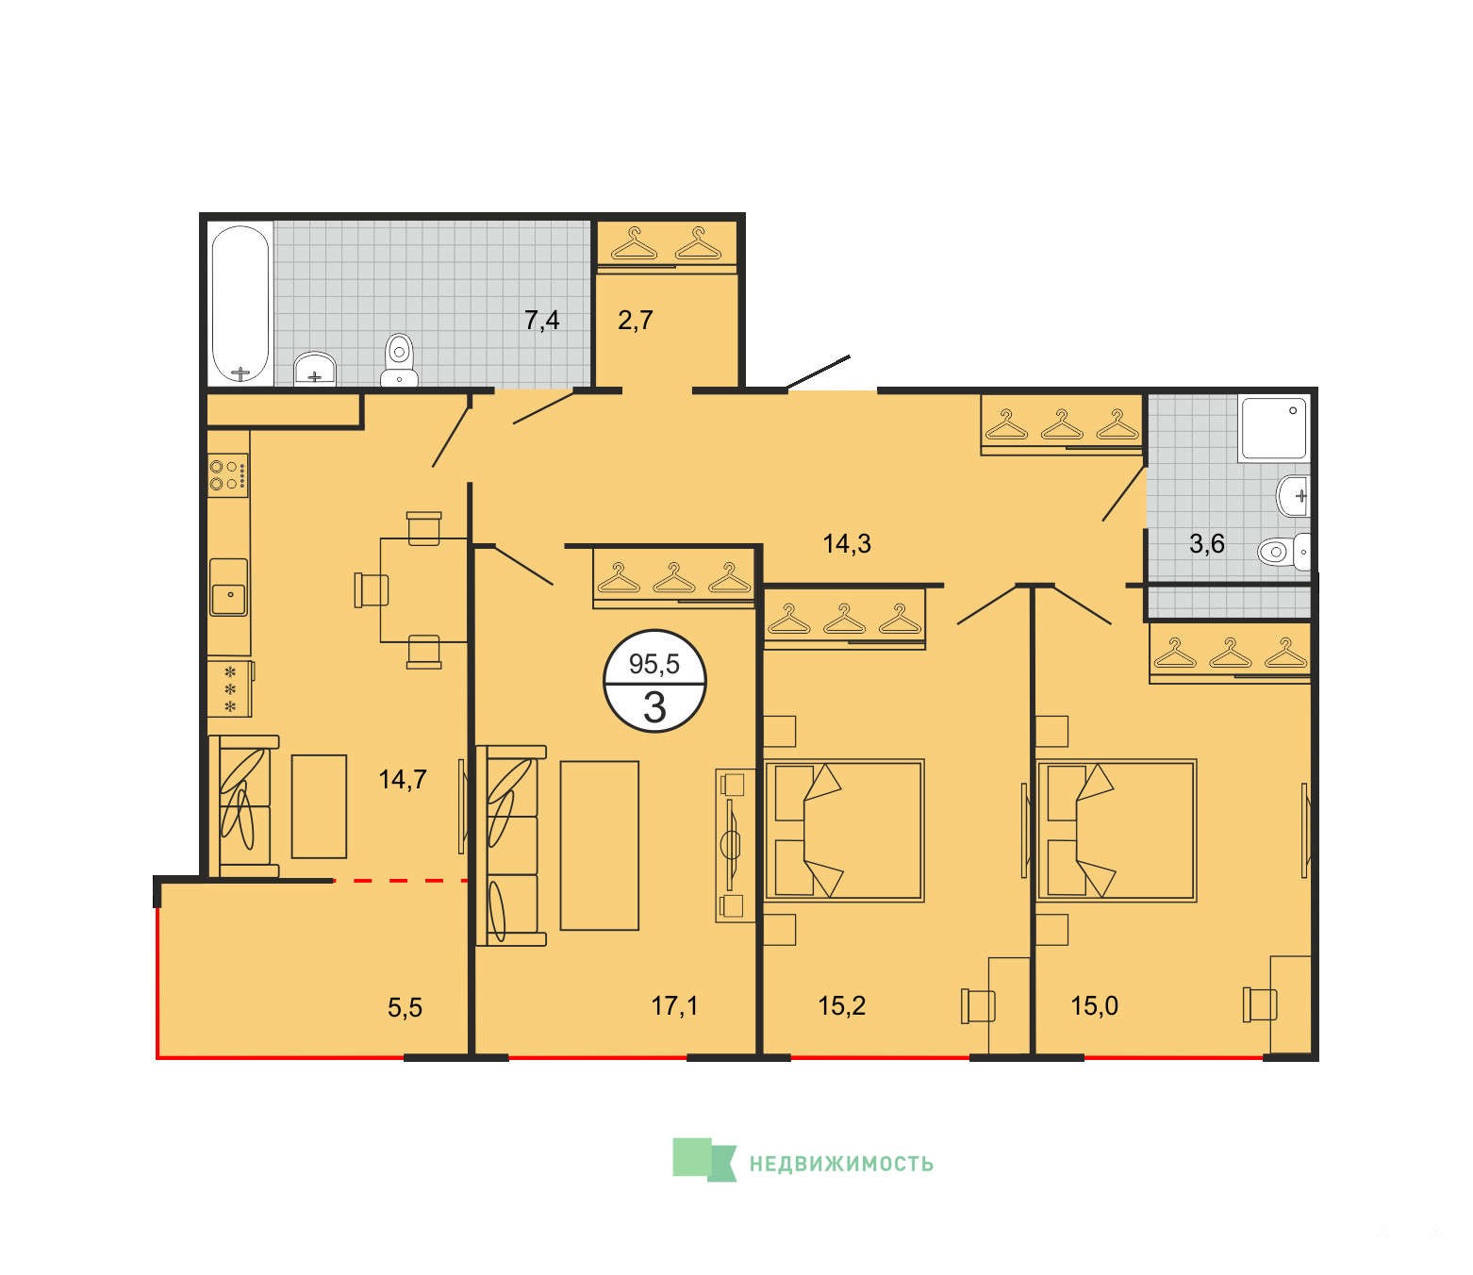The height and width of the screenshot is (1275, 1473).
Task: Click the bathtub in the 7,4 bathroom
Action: click(240, 305)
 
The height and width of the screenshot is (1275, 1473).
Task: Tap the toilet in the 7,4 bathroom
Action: click(399, 360)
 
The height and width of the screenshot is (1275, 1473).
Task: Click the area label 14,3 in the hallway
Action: click(847, 544)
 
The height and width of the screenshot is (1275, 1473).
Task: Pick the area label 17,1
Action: click(674, 1005)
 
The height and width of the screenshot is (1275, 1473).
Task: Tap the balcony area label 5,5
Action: click(405, 1007)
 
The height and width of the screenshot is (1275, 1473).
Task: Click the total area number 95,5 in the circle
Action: click(654, 664)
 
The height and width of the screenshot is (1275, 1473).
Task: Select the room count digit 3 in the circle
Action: click(654, 707)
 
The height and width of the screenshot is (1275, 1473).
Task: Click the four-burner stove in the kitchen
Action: click(227, 474)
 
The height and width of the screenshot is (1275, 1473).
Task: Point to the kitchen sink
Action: click(229, 587)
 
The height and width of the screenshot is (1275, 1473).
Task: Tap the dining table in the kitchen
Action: click(423, 590)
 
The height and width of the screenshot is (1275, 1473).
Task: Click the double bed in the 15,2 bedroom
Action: click(844, 830)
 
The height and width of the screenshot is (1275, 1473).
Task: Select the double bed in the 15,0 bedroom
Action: click(1117, 830)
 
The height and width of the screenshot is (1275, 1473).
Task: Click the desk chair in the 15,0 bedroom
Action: click(1259, 1004)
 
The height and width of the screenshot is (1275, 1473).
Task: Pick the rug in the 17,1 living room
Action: click(600, 845)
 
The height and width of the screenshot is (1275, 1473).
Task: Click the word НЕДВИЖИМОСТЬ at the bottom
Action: click(841, 1164)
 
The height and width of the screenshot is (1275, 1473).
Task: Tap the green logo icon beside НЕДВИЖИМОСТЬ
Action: click(704, 1159)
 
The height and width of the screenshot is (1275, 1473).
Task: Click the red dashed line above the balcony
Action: click(400, 881)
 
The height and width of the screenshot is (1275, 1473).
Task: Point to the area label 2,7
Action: click(635, 321)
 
